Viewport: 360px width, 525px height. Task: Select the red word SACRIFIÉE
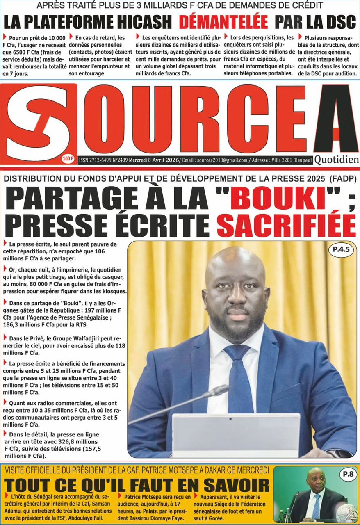tap(286, 224)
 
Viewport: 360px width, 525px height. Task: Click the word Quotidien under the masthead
tap(336, 160)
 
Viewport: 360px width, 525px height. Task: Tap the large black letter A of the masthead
tap(335, 119)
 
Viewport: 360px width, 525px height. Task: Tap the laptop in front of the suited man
tap(235, 435)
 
